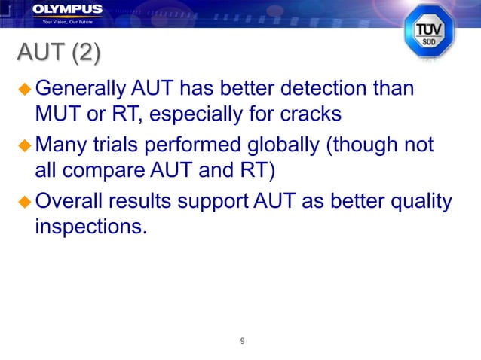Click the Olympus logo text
pos(67,9)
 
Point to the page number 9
pos(241,341)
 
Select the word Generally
pos(81,89)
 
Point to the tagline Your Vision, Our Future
pos(67,20)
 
